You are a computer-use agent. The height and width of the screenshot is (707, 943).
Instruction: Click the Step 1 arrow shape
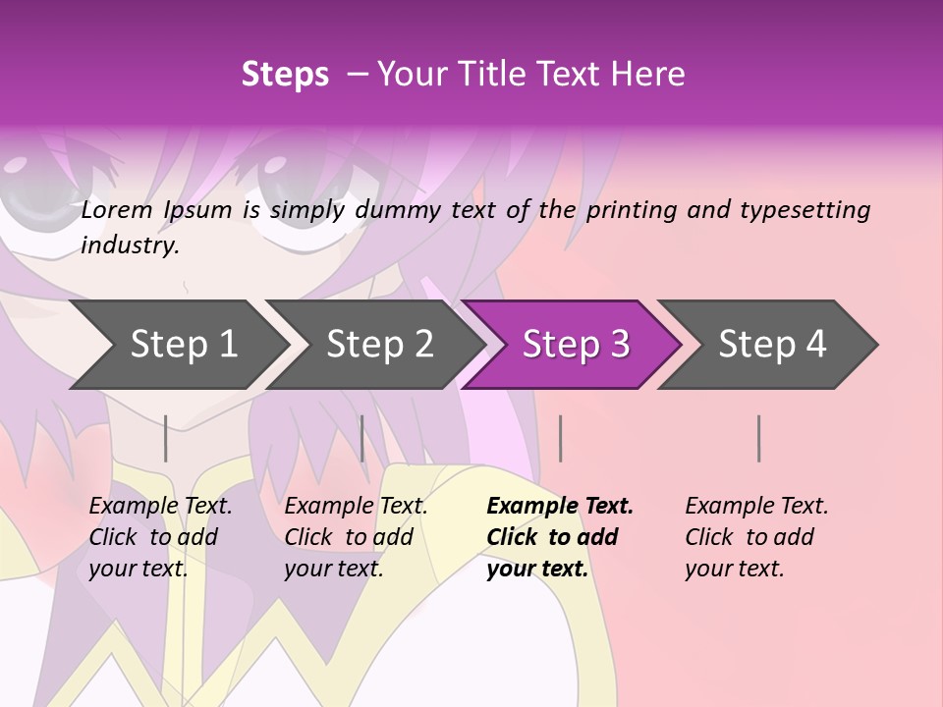coord(182,345)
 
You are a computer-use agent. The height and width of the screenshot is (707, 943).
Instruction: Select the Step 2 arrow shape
coord(378,345)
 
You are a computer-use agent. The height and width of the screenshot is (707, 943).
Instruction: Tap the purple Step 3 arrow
coord(575,345)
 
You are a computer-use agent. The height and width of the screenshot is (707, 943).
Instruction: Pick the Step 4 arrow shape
coord(771,345)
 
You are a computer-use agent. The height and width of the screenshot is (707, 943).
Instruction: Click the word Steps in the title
coord(285,75)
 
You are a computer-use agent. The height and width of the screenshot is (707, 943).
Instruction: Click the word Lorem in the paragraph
coord(117,210)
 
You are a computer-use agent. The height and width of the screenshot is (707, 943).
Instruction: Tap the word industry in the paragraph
coord(130,245)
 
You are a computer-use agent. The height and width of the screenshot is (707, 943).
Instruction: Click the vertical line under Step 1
coord(166,438)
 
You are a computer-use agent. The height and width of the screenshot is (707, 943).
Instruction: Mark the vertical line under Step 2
coord(362,438)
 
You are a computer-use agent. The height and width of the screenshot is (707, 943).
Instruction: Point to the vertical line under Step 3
coord(560,438)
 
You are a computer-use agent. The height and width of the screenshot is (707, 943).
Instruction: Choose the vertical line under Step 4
coord(758,438)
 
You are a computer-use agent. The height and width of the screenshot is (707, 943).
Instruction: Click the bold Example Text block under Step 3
coord(560,537)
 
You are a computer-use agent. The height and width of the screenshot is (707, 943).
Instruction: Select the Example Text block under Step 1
coord(160,537)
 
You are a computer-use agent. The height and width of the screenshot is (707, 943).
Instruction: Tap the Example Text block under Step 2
coord(356,537)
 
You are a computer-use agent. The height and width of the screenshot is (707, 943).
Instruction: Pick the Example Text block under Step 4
coord(756,537)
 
